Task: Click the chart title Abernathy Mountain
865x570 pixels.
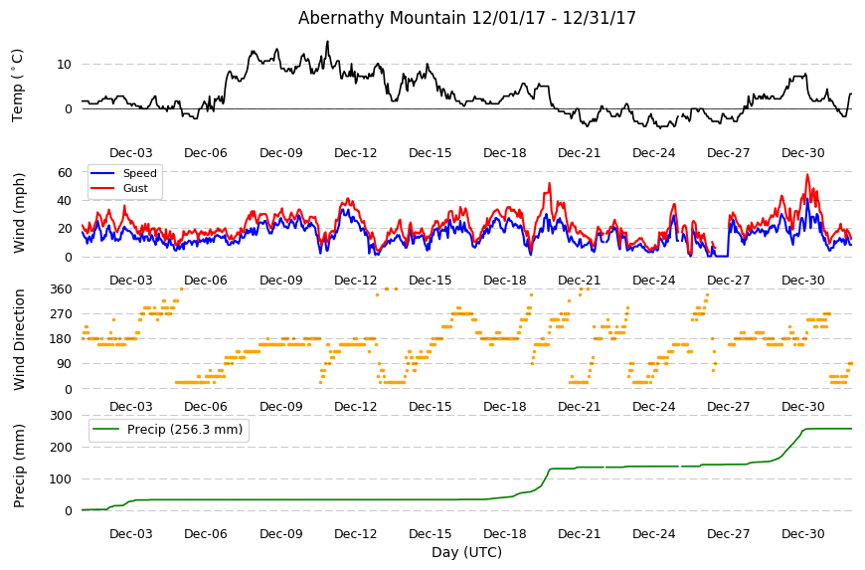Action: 382,18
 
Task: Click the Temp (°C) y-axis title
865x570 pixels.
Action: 18,85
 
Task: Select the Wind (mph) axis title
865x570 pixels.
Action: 19,213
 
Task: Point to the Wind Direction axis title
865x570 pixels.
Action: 19,339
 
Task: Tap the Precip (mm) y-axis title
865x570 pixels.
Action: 19,466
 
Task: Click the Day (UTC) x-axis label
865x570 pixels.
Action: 466,552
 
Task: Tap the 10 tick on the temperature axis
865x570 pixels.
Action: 64,65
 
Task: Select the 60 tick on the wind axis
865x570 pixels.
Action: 65,173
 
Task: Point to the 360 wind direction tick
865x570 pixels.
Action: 62,289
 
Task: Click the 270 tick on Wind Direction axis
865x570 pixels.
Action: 62,314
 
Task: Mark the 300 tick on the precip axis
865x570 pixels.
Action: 62,415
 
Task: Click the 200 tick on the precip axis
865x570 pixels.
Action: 62,447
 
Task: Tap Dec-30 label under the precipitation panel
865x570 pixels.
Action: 802,533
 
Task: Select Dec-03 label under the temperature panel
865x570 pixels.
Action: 130,153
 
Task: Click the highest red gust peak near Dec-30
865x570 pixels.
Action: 807,175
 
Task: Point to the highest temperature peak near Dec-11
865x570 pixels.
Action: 328,42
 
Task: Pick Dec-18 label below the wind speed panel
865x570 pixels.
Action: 504,280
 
